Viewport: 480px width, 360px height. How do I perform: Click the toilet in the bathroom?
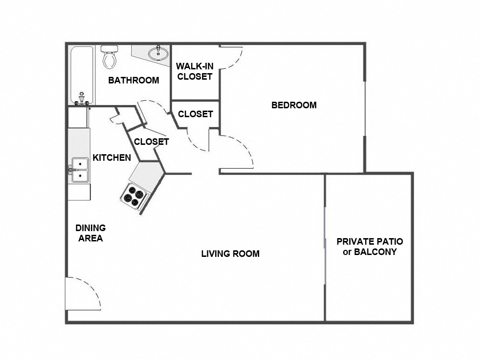[109, 57]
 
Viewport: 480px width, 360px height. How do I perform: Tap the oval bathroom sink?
[158, 53]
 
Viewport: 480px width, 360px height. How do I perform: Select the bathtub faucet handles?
[82, 99]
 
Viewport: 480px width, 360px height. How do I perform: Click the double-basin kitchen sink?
[79, 170]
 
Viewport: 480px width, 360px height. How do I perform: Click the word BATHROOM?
[134, 80]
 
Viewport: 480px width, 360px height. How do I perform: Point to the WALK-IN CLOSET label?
[195, 71]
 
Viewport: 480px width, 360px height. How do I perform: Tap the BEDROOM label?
[294, 105]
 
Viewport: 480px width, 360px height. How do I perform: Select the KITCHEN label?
[112, 157]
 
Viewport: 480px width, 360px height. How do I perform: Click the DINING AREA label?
[90, 233]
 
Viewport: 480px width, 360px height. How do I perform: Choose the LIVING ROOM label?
[230, 254]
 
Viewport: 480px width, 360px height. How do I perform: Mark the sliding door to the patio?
[325, 244]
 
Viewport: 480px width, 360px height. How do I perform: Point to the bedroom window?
[365, 108]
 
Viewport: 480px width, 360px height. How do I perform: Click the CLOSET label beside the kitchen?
[151, 142]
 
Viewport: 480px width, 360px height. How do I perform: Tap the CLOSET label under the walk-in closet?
[195, 114]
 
